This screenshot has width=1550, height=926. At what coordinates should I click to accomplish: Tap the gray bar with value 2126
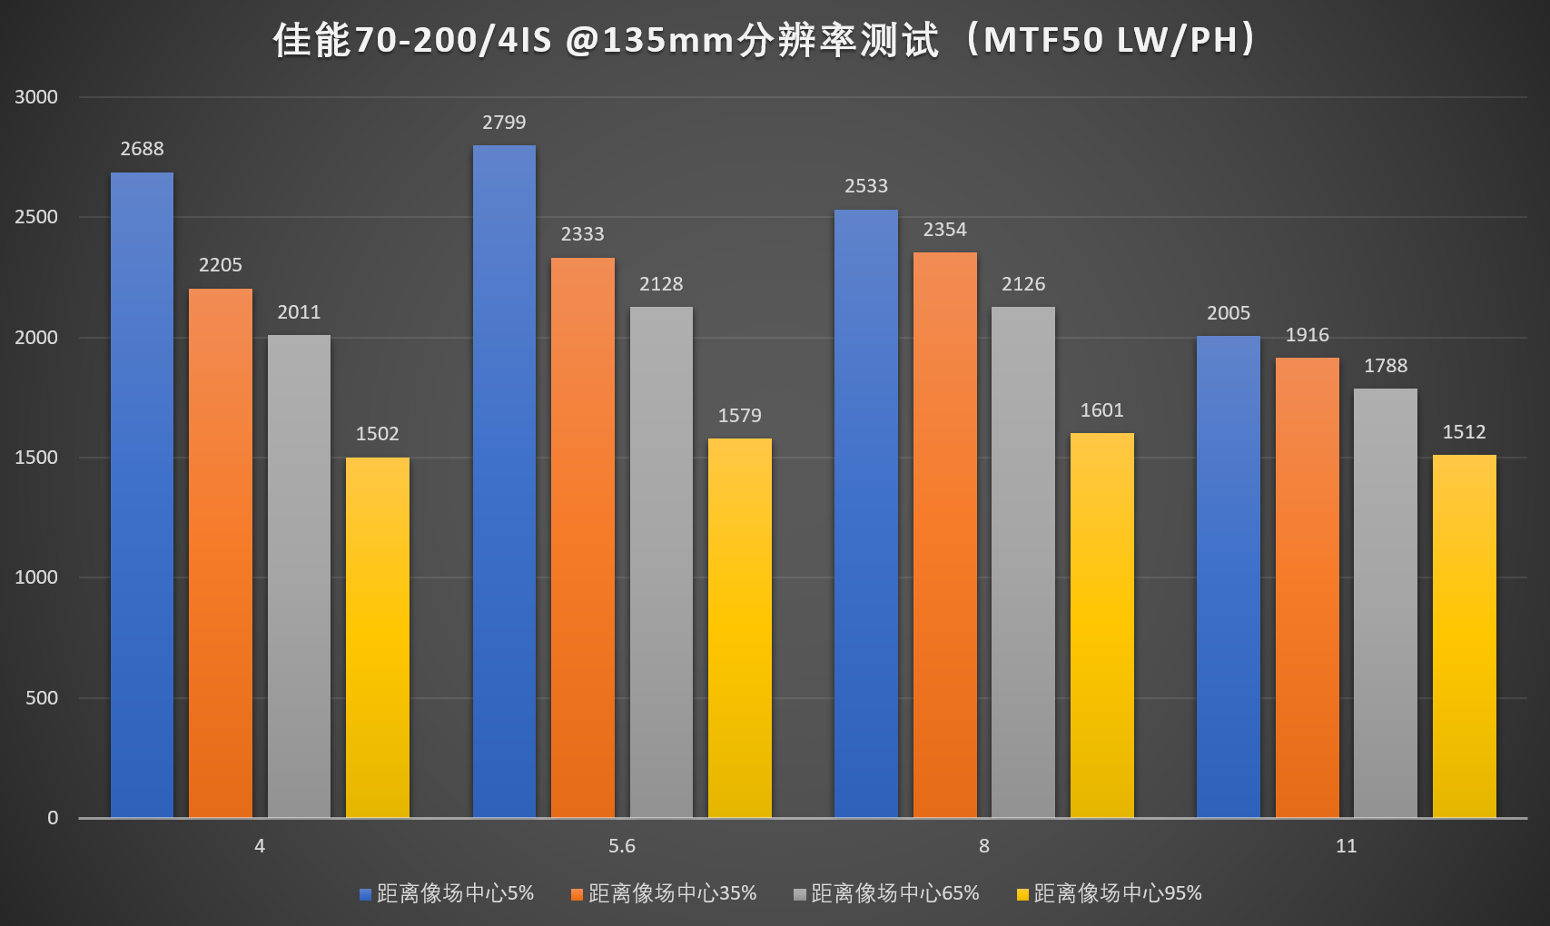pos(1023,562)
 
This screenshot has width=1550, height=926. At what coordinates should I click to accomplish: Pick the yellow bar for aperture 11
pos(1464,635)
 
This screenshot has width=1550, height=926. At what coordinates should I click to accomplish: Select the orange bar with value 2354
pos(944,535)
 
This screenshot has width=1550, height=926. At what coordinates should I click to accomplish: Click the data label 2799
pos(504,123)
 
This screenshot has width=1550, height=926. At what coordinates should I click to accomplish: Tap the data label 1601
pos(1101,410)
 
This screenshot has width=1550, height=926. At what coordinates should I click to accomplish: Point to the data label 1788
pos(1385,366)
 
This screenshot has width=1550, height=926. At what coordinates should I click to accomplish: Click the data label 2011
pos(299,312)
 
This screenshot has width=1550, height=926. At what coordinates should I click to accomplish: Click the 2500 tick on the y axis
pos(36,217)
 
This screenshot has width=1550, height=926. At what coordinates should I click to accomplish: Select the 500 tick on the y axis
pos(42,698)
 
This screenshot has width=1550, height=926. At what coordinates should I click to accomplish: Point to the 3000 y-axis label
pos(36,97)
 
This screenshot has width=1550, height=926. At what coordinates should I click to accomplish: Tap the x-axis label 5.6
pos(621,846)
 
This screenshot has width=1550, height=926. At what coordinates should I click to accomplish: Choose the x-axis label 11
pos(1346,846)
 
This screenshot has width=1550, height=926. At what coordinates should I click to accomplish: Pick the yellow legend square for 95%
pos(1022,894)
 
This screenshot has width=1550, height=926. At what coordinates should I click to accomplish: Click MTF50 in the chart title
pos(1043,41)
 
